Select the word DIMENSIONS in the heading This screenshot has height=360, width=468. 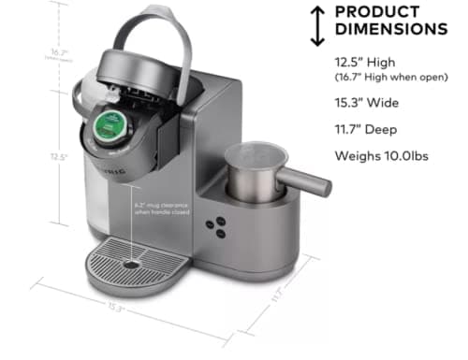(x=390, y=30)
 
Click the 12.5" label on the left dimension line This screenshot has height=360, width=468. (x=58, y=157)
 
